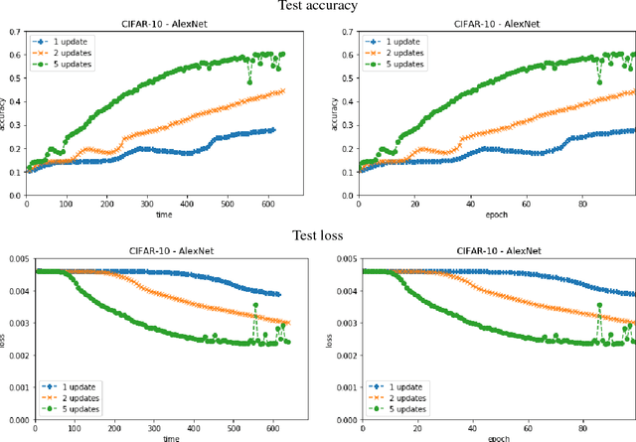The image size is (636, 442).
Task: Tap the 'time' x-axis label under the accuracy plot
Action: tap(165, 214)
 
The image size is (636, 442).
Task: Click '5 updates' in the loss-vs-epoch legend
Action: tap(397, 409)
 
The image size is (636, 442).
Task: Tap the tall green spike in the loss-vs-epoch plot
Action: tap(599, 305)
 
